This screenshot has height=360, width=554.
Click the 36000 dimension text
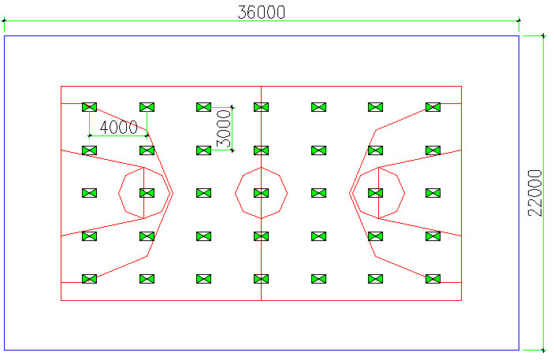point(261,12)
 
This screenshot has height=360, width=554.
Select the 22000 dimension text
point(535,192)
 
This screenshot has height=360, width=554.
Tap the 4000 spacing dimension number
point(118,127)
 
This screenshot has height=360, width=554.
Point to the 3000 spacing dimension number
point(223,128)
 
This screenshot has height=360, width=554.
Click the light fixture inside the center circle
point(261,192)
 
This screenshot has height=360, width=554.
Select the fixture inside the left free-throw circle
point(147,192)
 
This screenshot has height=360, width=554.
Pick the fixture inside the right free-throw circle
point(376,192)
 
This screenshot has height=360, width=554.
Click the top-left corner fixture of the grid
point(89,107)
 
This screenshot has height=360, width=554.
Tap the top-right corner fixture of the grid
point(433,107)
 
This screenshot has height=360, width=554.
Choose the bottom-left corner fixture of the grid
point(89,278)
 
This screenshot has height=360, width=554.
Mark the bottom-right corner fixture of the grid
point(433,278)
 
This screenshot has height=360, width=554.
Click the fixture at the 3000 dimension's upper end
point(204,107)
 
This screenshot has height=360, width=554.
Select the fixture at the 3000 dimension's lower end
point(204,150)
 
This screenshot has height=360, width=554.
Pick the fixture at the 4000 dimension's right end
point(147,150)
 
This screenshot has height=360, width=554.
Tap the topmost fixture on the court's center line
point(261,107)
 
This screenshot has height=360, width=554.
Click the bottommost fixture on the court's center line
point(261,278)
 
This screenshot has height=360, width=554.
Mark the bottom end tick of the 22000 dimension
point(543,349)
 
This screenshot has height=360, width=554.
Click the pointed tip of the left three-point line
point(173,192)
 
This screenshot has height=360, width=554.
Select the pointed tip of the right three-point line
point(349,192)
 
